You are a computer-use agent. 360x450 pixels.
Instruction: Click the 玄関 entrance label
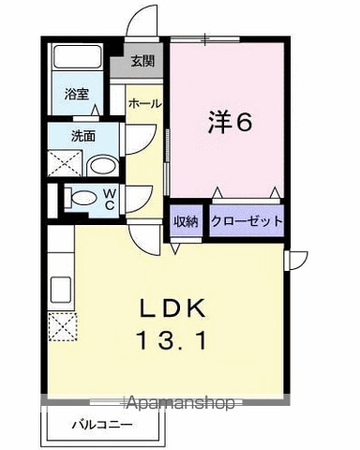(x=142, y=61)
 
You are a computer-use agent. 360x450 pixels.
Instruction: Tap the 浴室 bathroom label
(x=77, y=94)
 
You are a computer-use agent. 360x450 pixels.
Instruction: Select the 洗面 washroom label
(x=83, y=136)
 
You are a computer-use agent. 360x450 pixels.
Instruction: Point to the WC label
(x=109, y=200)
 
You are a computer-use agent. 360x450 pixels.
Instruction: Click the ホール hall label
(x=144, y=103)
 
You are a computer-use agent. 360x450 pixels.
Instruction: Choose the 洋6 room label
(x=230, y=122)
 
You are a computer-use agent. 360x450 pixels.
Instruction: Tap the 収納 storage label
(x=186, y=221)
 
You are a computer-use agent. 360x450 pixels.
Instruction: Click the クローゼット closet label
(x=247, y=221)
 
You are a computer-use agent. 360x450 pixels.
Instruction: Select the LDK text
(x=172, y=308)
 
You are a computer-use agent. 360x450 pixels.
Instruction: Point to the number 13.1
(x=172, y=340)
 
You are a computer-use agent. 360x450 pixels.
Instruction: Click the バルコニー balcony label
(x=102, y=425)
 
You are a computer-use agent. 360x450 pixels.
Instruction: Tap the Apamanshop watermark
(x=181, y=403)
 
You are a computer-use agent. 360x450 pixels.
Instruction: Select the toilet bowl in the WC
(x=81, y=198)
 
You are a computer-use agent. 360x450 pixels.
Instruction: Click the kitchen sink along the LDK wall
(x=61, y=290)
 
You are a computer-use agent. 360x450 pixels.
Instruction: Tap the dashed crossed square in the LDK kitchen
(x=63, y=326)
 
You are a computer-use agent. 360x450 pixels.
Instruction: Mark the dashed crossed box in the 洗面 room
(x=66, y=164)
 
